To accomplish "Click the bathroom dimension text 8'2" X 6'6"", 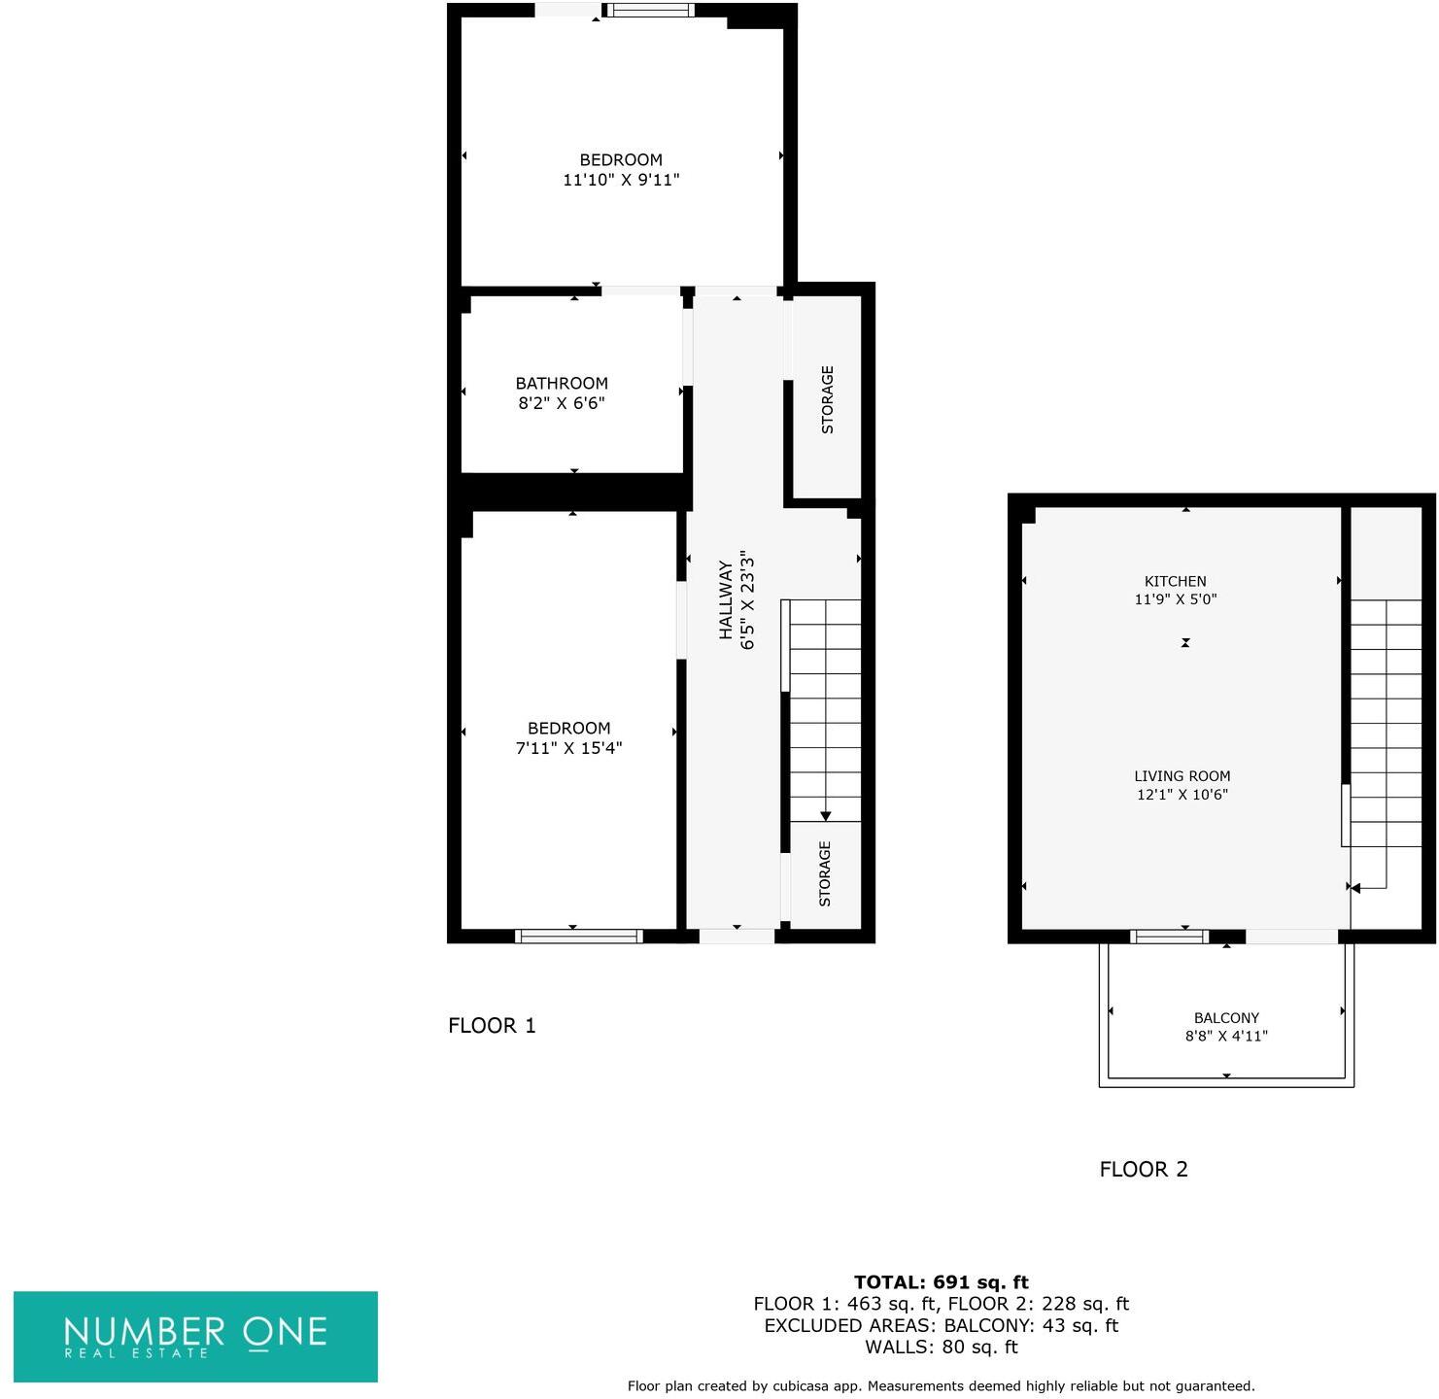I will click(x=562, y=403).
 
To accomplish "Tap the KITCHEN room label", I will click(x=1175, y=581).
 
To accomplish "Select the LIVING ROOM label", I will click(x=1182, y=776).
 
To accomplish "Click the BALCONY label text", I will click(x=1226, y=1018).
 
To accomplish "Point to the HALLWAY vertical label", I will click(x=726, y=599).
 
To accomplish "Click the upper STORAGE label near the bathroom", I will click(x=828, y=399).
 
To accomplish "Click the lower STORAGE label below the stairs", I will click(x=825, y=873).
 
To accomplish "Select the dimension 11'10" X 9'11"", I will click(x=621, y=180).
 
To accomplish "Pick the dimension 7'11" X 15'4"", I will click(x=568, y=748).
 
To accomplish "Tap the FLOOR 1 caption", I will click(x=492, y=1026).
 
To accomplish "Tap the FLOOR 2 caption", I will click(x=1144, y=1170).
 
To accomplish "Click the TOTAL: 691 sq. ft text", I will click(x=941, y=1282).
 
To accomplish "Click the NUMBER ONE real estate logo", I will click(x=195, y=1336).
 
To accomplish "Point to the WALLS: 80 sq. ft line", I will click(x=941, y=1348).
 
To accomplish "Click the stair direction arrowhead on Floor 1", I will click(x=826, y=816).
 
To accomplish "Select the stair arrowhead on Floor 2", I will click(x=1355, y=887).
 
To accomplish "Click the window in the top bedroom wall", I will click(x=650, y=11).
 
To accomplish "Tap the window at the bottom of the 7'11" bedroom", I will click(x=578, y=937).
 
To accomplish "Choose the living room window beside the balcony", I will click(x=1169, y=937).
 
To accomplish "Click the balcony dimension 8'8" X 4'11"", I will click(x=1226, y=1037).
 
